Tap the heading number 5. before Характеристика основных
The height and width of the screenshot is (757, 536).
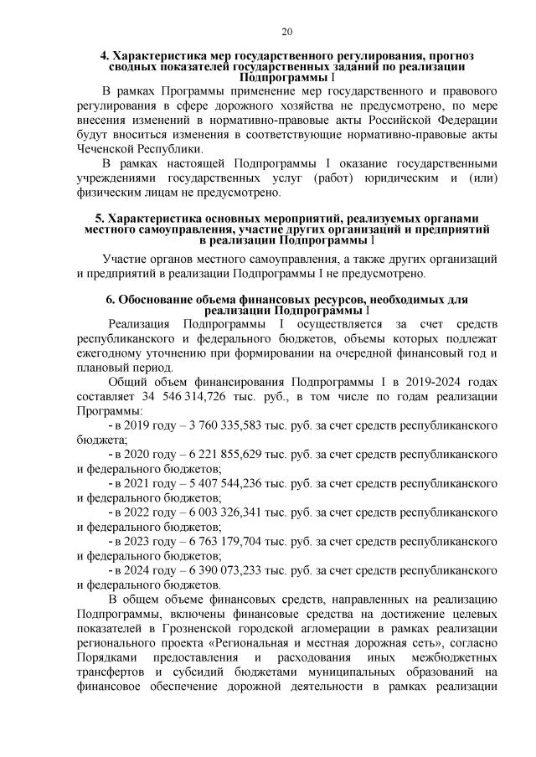100,218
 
